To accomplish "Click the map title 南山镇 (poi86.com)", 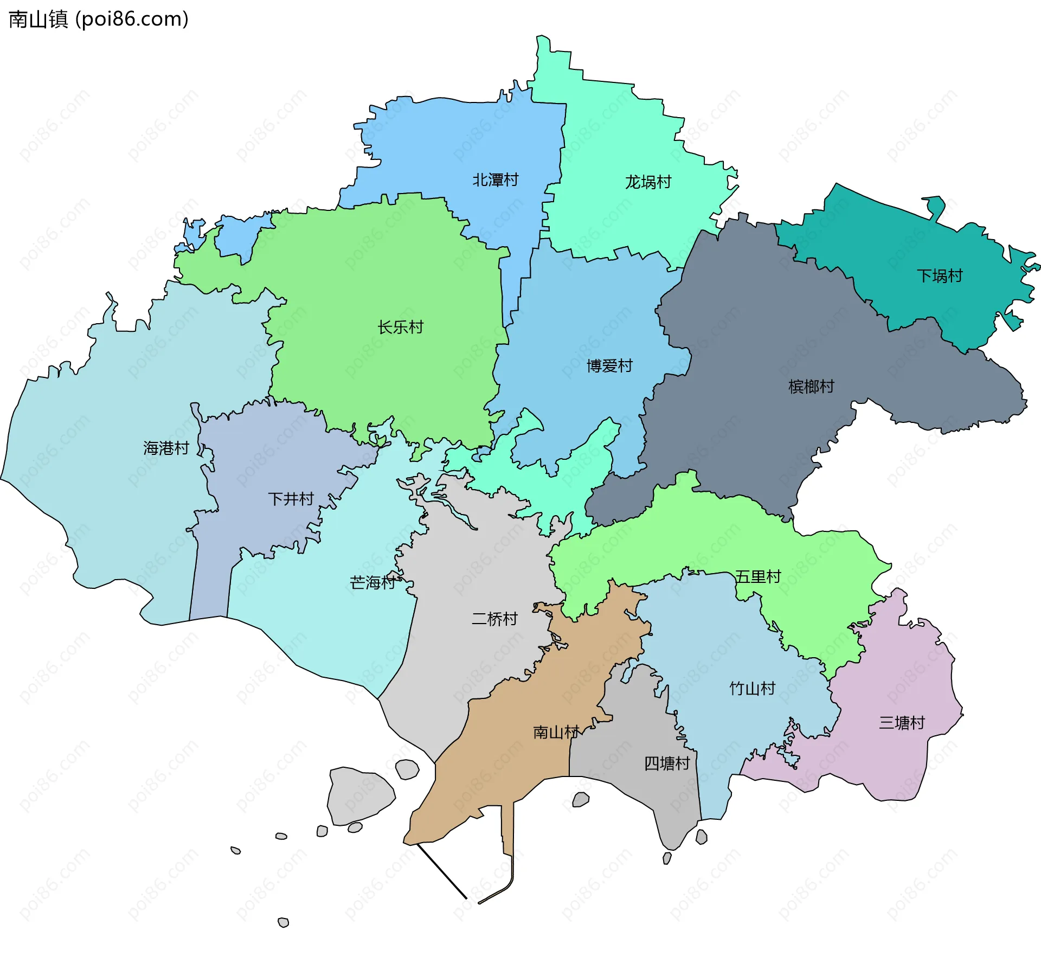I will click(x=99, y=19).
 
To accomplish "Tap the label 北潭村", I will click(x=495, y=179).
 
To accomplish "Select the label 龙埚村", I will click(x=648, y=182).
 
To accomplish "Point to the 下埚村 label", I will click(x=939, y=276).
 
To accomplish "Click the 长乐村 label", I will click(x=400, y=327).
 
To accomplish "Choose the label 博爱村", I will click(x=609, y=366).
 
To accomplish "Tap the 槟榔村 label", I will click(x=811, y=387).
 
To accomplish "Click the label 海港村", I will click(x=166, y=448).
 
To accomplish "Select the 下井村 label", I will click(x=291, y=499).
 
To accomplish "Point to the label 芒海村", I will click(x=373, y=583).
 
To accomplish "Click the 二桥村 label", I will click(x=494, y=619).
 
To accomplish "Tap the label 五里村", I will click(x=757, y=576).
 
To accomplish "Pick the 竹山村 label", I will click(x=752, y=689).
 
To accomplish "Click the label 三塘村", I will click(x=902, y=723).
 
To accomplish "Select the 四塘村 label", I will click(x=666, y=763).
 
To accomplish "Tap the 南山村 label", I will click(x=556, y=733).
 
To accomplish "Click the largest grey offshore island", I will click(x=359, y=795).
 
